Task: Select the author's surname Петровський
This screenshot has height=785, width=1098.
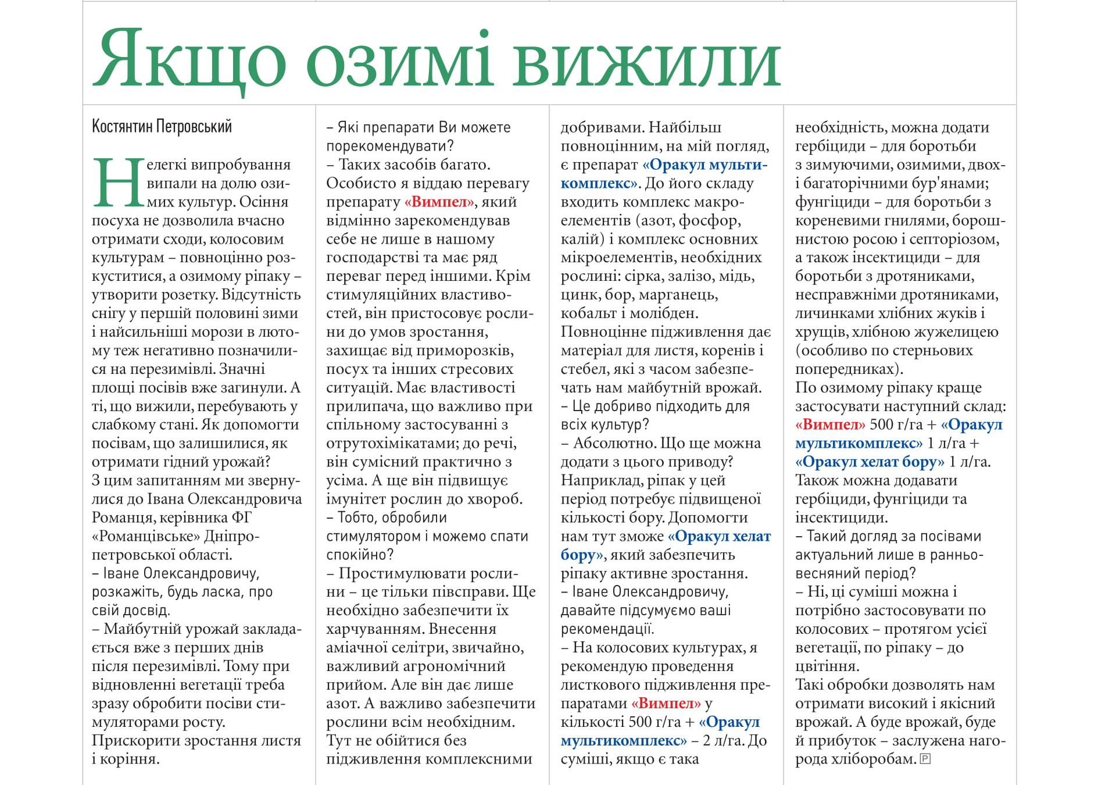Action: [194, 126]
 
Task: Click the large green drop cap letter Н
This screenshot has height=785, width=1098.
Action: [117, 183]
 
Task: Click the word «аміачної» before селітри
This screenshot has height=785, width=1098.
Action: [357, 647]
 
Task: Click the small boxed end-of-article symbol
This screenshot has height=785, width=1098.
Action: [925, 758]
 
